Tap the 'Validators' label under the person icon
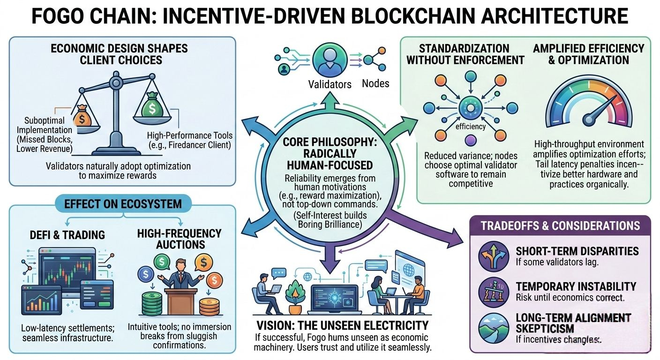pyautogui.click(x=330, y=84)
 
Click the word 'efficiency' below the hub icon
pyautogui.click(x=470, y=126)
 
